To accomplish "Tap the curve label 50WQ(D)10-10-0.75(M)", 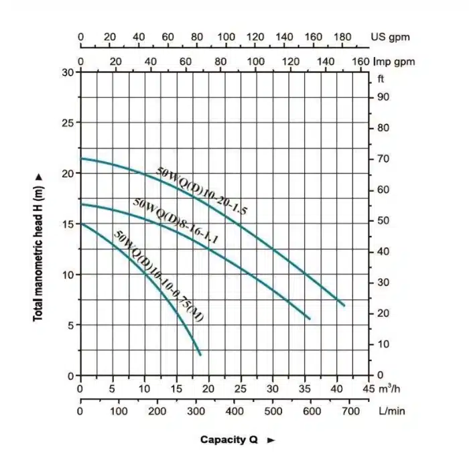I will pyautogui.click(x=159, y=277).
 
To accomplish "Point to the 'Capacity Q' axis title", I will pyautogui.click(x=229, y=440).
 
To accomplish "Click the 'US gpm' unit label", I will pyautogui.click(x=391, y=37).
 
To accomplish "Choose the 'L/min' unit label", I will pyautogui.click(x=392, y=411).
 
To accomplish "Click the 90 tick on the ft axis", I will pyautogui.click(x=383, y=97).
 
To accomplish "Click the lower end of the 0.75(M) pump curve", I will pyautogui.click(x=200, y=354).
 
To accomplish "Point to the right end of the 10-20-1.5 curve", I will pyautogui.click(x=344, y=306).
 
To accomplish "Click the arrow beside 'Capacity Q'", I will pyautogui.click(x=271, y=440).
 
